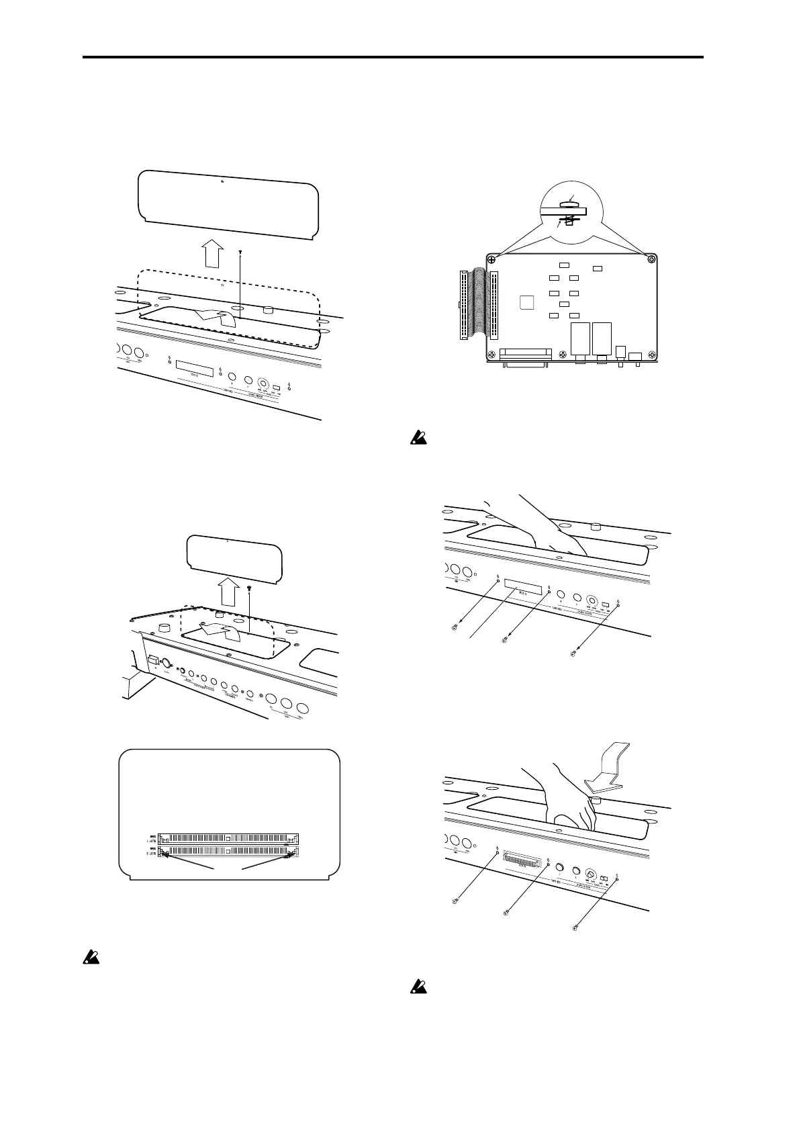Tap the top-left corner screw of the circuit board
[x=492, y=259]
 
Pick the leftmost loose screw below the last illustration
[x=455, y=899]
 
